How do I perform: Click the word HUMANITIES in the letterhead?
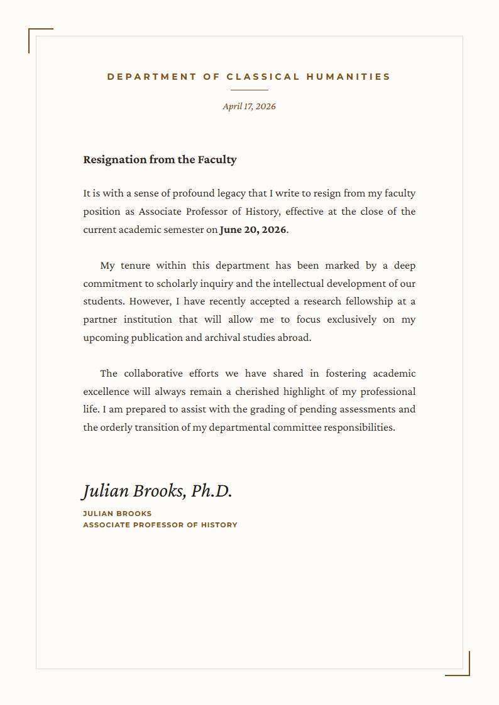tap(348, 77)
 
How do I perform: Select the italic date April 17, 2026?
tap(249, 106)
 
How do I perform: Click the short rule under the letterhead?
tap(249, 90)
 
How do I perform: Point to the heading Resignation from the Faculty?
tap(160, 159)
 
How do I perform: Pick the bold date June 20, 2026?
tap(253, 230)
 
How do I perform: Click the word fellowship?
tap(369, 301)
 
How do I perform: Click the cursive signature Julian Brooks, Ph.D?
tap(157, 491)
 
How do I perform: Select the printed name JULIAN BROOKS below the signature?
tap(118, 514)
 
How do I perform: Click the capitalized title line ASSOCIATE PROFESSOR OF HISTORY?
tap(160, 525)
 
